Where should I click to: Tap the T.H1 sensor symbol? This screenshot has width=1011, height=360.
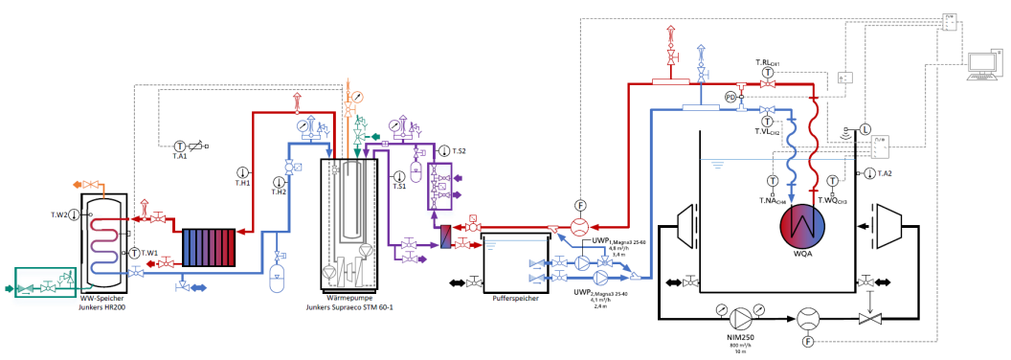241,172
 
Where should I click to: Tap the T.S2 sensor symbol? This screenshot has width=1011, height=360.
444,151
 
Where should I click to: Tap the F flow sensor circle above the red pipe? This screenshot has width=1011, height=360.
579,205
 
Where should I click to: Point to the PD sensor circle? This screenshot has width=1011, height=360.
730,97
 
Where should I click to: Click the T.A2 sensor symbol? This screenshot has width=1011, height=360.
868,173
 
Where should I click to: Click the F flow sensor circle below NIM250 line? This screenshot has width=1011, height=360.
808,340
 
